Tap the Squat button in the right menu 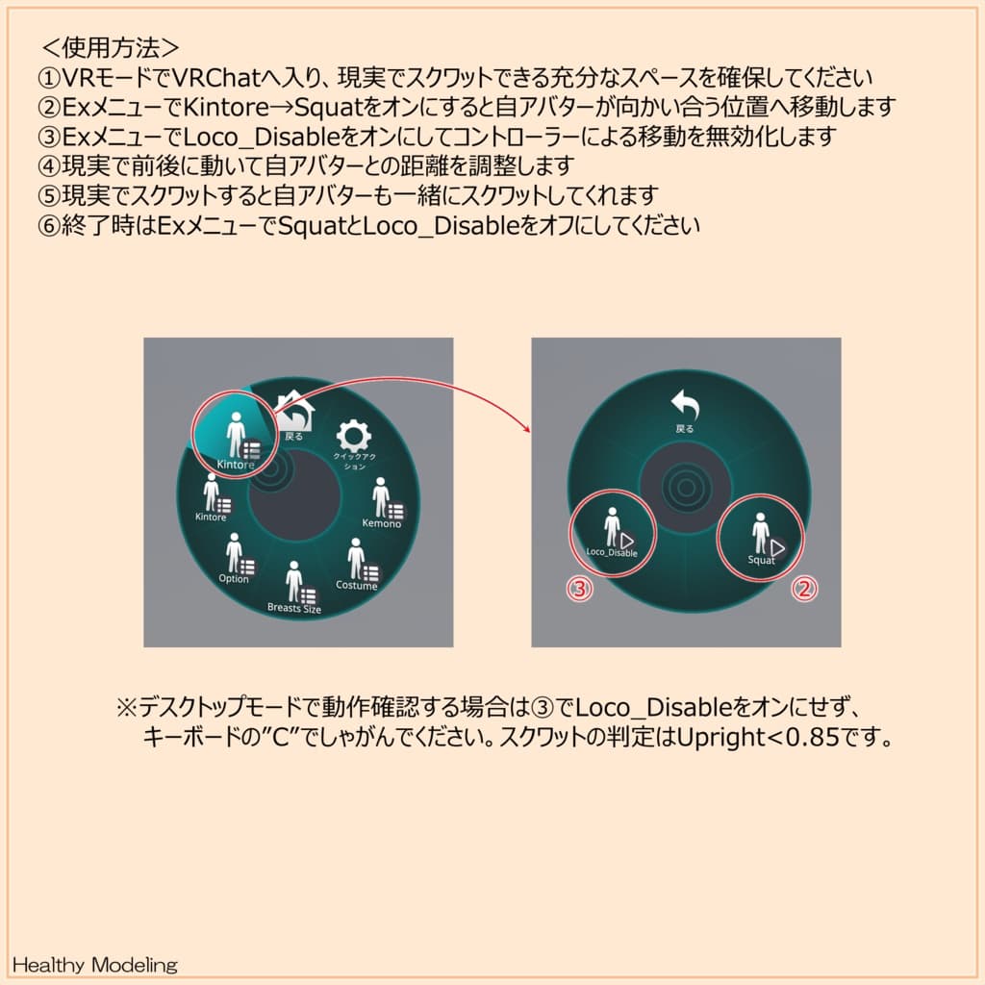762,538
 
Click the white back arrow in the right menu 684,404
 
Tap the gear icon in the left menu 353,436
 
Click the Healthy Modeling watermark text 95,964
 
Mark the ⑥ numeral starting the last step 49,227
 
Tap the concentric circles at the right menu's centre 684,489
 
